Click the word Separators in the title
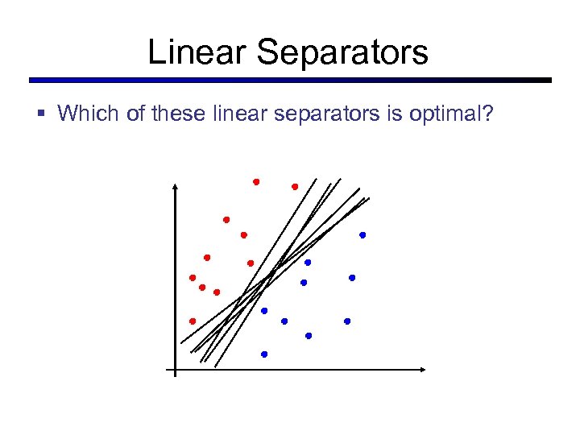click(342, 52)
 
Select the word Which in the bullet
click(89, 114)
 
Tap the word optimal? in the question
click(459, 114)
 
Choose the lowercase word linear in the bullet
click(240, 114)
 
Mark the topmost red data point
click(256, 182)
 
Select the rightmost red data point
click(295, 187)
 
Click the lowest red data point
click(193, 321)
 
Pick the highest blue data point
click(362, 235)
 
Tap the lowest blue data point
click(264, 354)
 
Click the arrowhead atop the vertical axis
click(175, 186)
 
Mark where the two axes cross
click(175, 371)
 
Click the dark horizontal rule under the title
click(290, 81)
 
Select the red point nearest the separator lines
click(251, 263)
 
